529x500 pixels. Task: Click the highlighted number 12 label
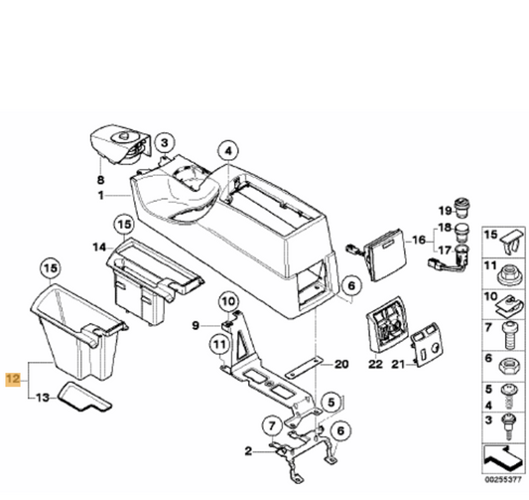pyautogui.click(x=12, y=379)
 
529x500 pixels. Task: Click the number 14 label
pyautogui.click(x=100, y=245)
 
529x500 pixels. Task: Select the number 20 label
pyautogui.click(x=342, y=365)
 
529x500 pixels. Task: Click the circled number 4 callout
pyautogui.click(x=229, y=152)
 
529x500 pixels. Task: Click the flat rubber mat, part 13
pyautogui.click(x=83, y=398)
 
